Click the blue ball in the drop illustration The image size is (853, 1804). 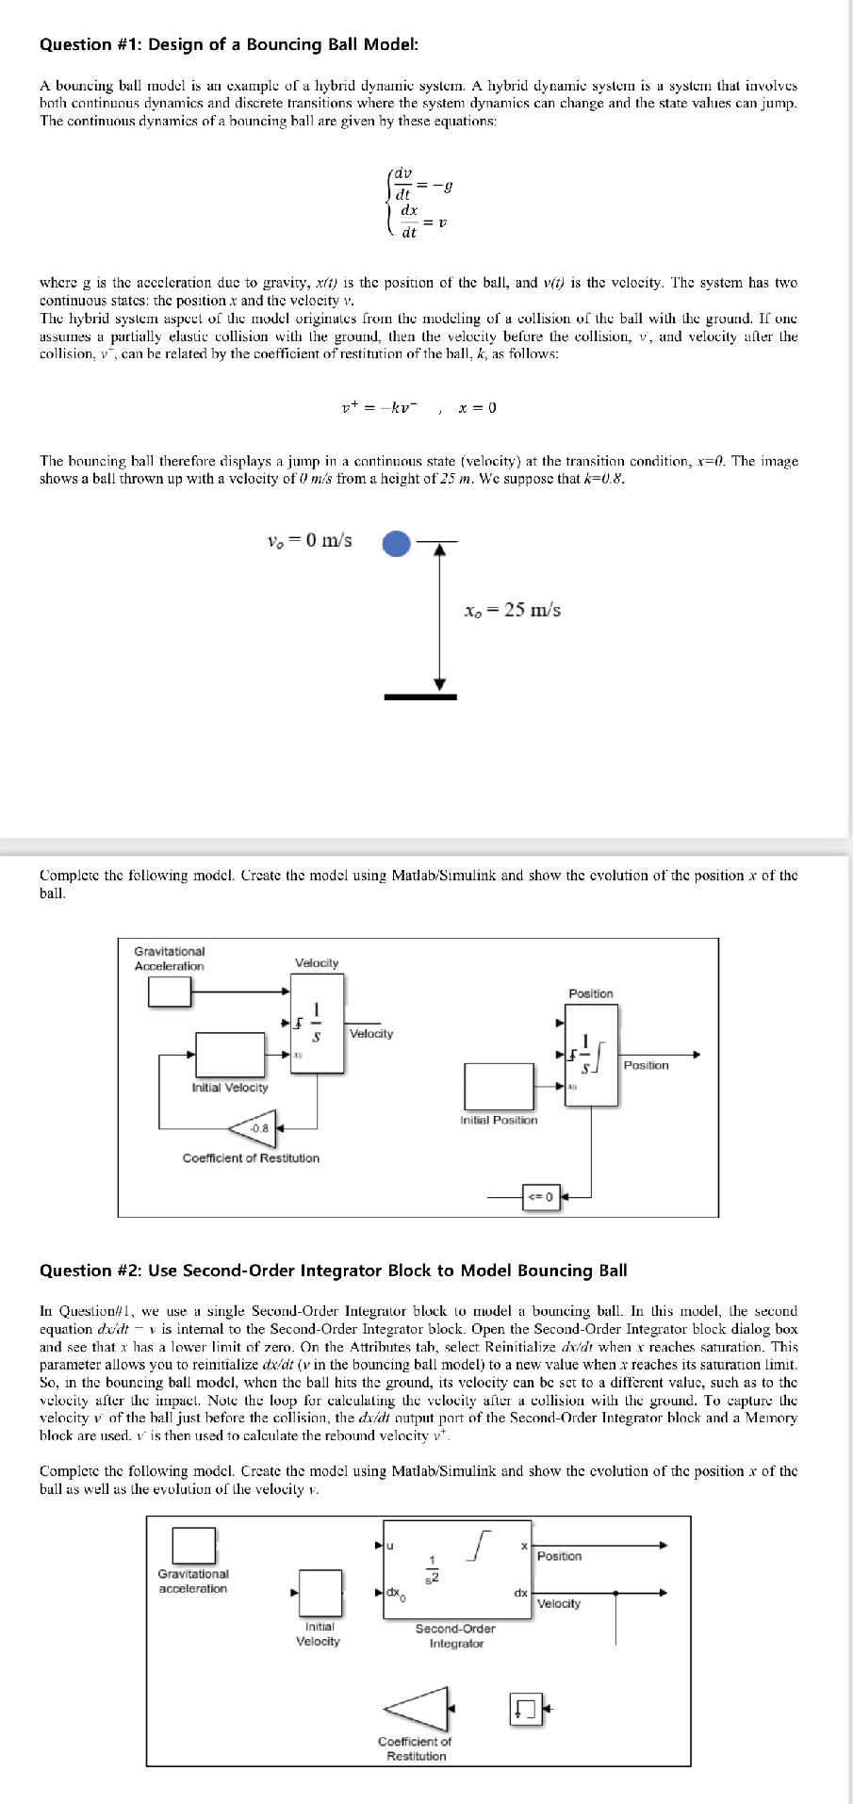(x=397, y=543)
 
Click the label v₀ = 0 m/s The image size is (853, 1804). (x=309, y=541)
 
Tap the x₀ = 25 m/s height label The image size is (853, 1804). (x=513, y=610)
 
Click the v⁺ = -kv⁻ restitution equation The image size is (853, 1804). (x=385, y=407)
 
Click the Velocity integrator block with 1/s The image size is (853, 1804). (x=317, y=1023)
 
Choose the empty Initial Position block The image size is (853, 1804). (x=499, y=1086)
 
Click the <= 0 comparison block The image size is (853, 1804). (x=541, y=1197)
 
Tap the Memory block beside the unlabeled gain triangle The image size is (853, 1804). (x=526, y=1708)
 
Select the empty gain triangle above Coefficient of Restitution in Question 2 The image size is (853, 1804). (x=417, y=1708)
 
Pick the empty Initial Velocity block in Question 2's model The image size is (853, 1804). (x=319, y=1593)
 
